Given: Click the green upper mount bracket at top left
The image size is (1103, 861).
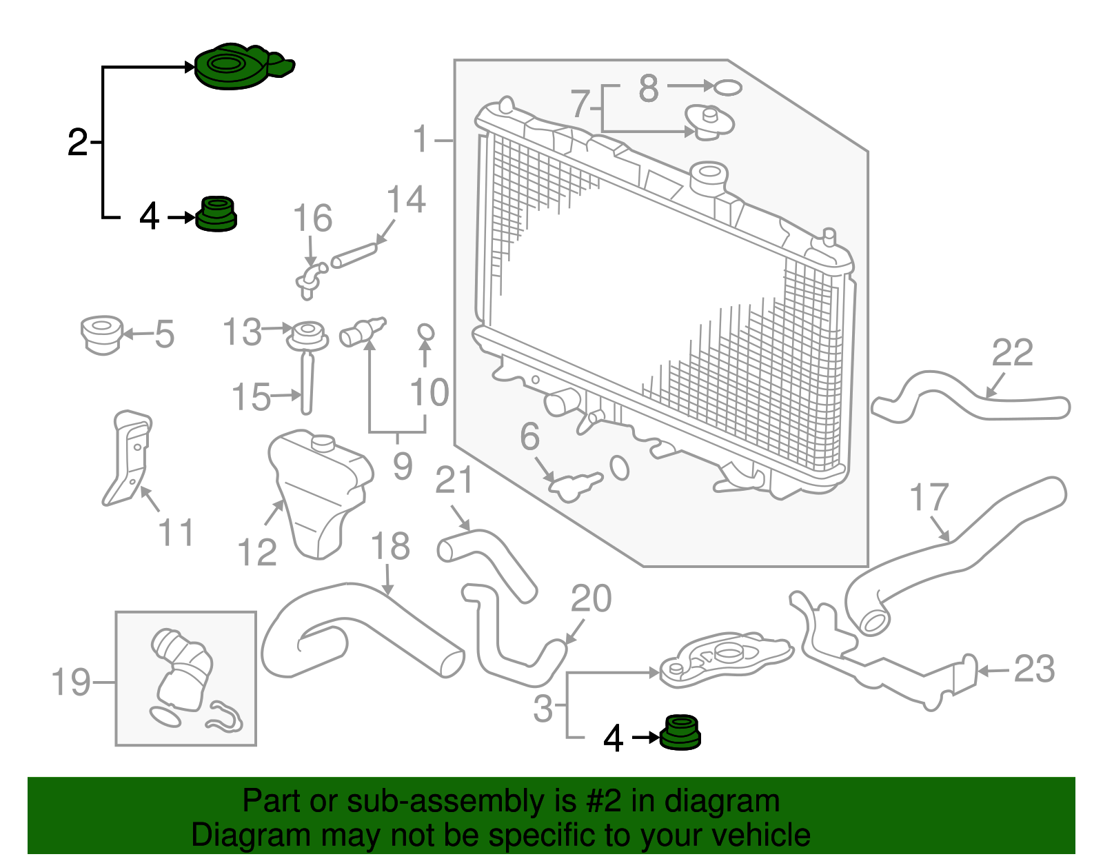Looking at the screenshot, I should click(238, 67).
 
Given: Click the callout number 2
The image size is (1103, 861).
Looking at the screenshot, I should click(78, 143).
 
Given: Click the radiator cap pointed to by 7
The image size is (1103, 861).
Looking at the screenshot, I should click(709, 122).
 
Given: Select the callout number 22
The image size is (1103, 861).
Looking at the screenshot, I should click(1012, 353).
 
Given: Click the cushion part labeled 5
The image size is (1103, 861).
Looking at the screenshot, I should click(102, 334).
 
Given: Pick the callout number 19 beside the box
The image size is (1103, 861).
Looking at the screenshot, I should click(71, 682).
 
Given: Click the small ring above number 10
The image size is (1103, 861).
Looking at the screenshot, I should click(426, 332).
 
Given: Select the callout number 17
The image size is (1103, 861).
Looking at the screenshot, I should click(929, 498).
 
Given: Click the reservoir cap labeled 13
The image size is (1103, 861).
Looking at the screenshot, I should click(307, 334).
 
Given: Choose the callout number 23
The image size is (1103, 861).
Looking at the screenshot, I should click(1034, 669).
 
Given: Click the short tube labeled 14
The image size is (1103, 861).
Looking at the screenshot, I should click(354, 254).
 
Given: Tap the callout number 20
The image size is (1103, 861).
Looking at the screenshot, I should click(591, 598).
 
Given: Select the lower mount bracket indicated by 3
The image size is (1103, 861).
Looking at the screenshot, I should click(724, 658).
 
